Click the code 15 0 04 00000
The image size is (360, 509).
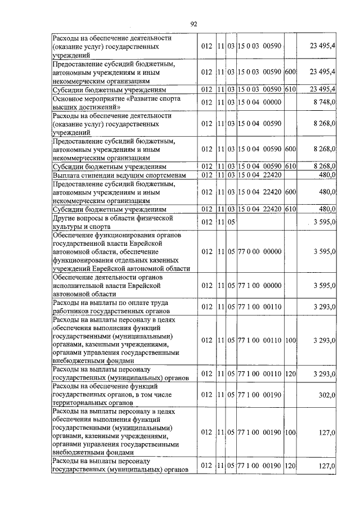tap(259, 102)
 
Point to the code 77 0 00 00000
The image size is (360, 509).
tap(259, 251)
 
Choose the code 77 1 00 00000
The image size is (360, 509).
tap(259, 286)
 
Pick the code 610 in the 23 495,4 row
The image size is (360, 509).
tap(290, 90)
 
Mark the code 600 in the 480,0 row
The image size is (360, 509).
tap(290, 192)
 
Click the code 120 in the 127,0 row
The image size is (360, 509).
tap(290, 466)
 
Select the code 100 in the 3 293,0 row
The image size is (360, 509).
tap(290, 340)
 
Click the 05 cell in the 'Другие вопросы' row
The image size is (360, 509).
tap(231, 222)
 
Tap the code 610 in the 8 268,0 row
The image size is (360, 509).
tap(290, 167)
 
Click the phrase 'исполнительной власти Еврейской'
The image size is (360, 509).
tap(107, 286)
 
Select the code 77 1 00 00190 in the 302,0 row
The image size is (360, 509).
tap(259, 395)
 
